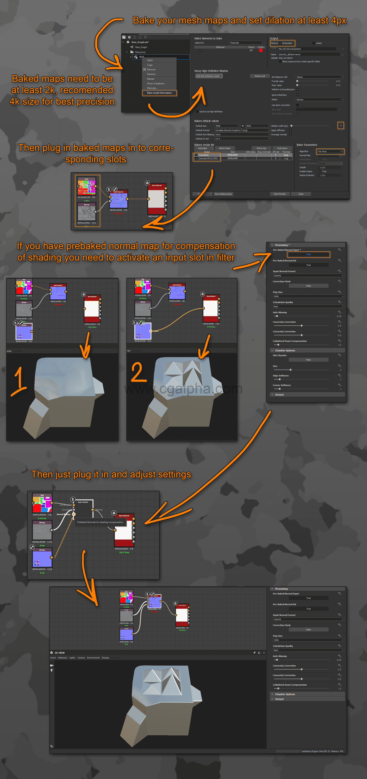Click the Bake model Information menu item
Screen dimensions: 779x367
[159, 93]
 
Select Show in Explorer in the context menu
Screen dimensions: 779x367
[156, 83]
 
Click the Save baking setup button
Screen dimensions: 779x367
[223, 194]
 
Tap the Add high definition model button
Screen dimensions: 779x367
[209, 76]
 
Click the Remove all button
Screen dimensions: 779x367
[259, 76]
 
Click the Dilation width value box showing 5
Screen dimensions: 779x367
[340, 126]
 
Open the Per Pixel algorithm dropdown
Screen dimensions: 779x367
[330, 152]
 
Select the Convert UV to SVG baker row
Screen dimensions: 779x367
[208, 158]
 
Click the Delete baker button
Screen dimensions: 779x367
[224, 148]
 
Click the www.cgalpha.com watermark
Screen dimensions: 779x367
[183, 389]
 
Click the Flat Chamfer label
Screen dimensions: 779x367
[280, 355]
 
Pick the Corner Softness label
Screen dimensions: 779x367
[282, 385]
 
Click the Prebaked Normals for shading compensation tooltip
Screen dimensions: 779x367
[100, 522]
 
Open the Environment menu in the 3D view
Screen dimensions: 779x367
[93, 658]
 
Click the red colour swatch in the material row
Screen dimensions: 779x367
[261, 50]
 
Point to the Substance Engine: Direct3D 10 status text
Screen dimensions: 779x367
[316, 751]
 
